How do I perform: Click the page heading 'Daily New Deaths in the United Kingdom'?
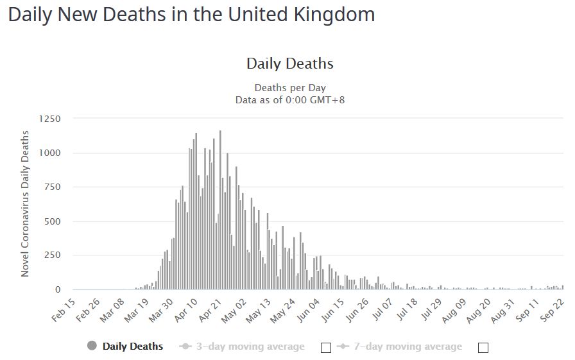(x=191, y=15)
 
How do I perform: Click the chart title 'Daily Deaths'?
(x=289, y=64)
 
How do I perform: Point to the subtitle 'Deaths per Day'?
(x=289, y=88)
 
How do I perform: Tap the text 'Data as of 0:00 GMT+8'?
(x=289, y=99)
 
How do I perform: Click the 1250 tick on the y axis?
(x=49, y=119)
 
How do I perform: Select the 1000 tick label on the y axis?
(x=49, y=153)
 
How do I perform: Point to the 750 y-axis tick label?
(x=52, y=187)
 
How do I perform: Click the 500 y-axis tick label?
(x=52, y=221)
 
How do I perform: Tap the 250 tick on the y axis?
(x=52, y=255)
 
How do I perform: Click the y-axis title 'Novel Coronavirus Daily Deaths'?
(x=25, y=203)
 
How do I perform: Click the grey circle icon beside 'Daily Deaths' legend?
(x=92, y=347)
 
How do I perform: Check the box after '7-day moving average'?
(x=483, y=347)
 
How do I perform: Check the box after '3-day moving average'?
(x=325, y=347)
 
